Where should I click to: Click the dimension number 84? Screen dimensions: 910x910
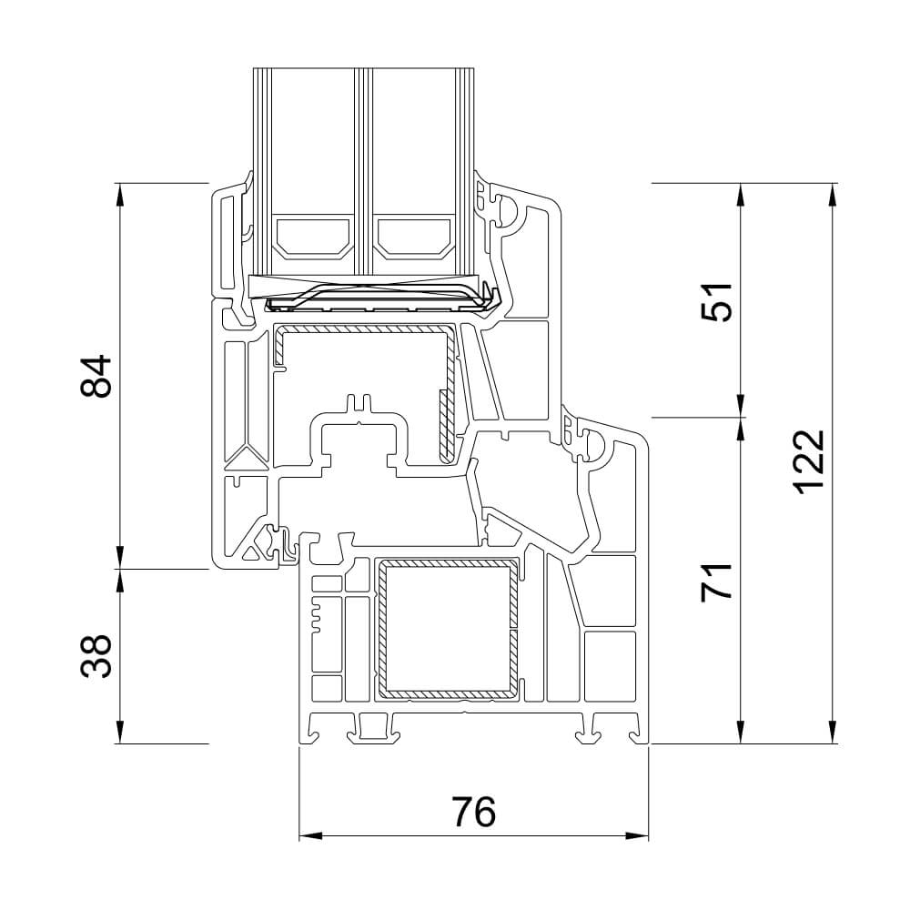point(95,376)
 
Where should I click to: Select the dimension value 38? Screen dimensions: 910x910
point(95,656)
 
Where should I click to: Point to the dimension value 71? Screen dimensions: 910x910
point(717,581)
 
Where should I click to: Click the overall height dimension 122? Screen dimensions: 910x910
point(807,462)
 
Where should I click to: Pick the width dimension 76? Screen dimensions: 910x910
point(472,811)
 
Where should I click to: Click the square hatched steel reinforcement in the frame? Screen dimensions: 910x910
point(448,630)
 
